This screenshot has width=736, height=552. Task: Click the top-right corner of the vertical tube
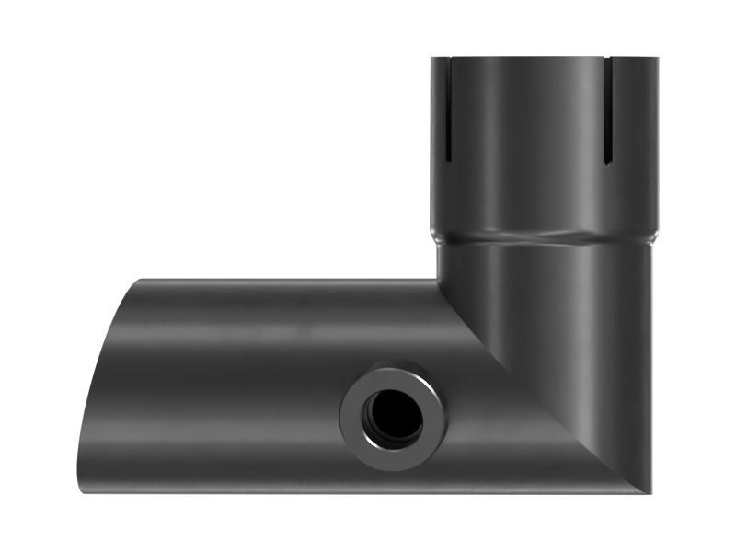pyautogui.click(x=657, y=60)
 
